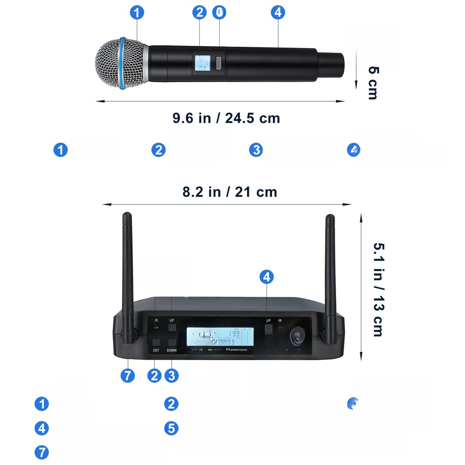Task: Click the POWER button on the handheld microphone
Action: click(219, 64)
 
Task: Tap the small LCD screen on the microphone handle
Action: click(202, 63)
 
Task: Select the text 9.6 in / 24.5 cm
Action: click(226, 118)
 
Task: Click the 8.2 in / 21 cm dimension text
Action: click(230, 192)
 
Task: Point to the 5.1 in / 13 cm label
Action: click(378, 290)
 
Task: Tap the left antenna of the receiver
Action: click(128, 272)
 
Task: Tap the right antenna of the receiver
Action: click(330, 272)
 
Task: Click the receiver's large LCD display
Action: click(220, 337)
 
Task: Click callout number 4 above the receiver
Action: click(267, 277)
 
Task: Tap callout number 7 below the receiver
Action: click(128, 376)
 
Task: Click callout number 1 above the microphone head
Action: click(137, 12)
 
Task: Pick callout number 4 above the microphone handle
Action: click(278, 12)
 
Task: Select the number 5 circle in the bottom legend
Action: click(171, 428)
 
